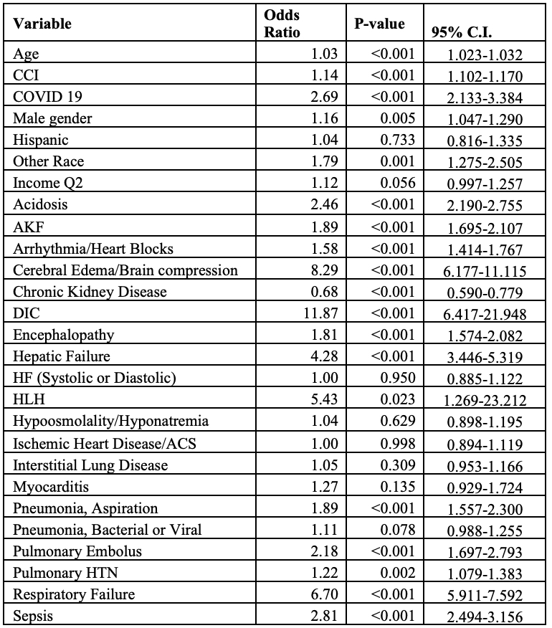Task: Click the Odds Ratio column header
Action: pos(282,24)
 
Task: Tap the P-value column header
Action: pos(379,24)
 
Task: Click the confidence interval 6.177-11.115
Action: pos(484,271)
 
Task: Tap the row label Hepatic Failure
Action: pos(62,356)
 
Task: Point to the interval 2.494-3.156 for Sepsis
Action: pos(484,615)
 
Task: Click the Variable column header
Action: pos(43,24)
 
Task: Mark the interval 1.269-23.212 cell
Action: pos(484,400)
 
